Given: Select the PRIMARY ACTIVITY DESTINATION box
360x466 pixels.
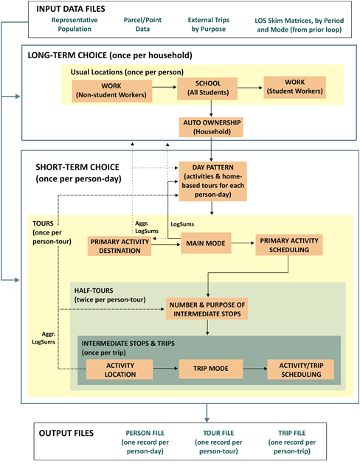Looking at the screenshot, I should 119,246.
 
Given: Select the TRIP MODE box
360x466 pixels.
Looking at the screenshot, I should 211,369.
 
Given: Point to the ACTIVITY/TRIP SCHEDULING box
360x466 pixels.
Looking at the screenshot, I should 300,369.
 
